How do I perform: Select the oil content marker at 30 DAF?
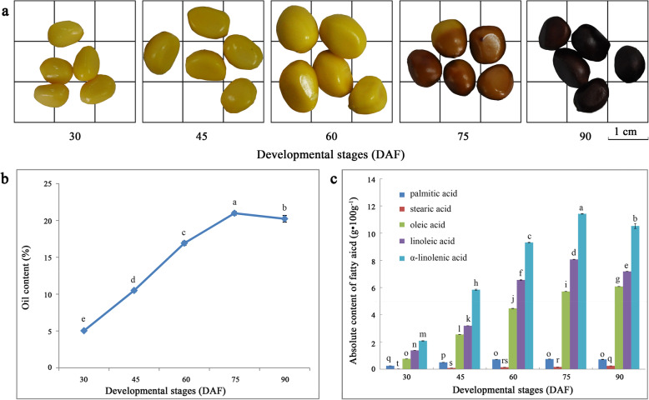84,331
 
